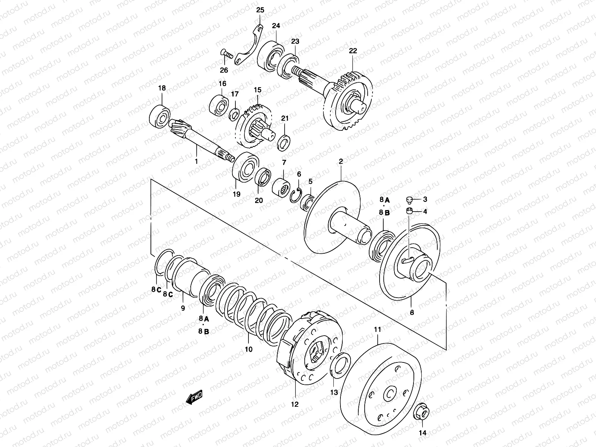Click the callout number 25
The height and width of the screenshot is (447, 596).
(260, 10)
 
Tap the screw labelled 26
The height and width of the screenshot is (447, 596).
(227, 55)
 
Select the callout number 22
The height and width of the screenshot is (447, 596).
(353, 51)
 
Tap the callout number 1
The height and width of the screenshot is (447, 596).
(196, 161)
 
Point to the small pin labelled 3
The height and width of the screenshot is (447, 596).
(409, 200)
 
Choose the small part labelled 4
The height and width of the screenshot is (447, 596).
(409, 212)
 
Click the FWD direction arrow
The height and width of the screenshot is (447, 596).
(194, 399)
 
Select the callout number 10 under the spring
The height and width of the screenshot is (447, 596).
(248, 349)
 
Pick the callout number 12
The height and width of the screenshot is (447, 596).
(295, 404)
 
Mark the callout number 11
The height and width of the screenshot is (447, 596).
(377, 329)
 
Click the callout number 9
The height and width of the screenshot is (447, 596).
(183, 308)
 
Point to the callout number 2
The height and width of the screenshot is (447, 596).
(340, 161)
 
